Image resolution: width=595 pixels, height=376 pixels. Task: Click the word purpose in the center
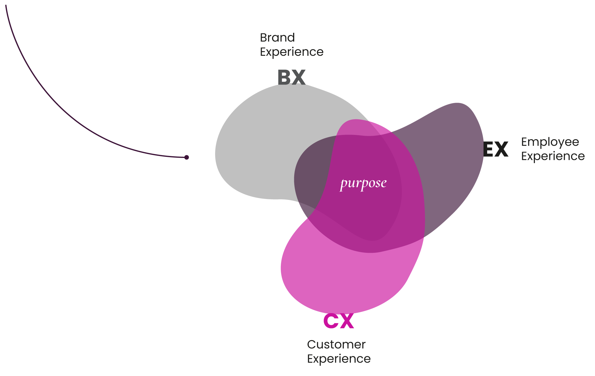[363, 183]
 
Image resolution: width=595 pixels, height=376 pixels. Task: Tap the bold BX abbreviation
[291, 77]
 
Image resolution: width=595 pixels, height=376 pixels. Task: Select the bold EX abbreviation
[496, 149]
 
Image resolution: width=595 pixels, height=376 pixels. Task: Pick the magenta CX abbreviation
[339, 321]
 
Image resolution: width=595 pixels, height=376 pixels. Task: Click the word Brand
[277, 38]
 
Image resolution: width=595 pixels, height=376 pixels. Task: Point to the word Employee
[550, 142]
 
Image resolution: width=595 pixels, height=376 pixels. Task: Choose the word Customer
[336, 345]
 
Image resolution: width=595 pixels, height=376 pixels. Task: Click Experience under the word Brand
[292, 52]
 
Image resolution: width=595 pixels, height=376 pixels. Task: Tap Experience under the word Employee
[553, 156]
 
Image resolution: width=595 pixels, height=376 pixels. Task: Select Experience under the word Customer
[339, 359]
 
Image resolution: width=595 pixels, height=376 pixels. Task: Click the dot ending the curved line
[186, 157]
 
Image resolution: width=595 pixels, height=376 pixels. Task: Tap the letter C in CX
[330, 321]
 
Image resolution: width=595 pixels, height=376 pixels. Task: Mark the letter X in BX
[299, 77]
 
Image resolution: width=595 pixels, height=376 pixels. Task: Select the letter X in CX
[347, 321]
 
